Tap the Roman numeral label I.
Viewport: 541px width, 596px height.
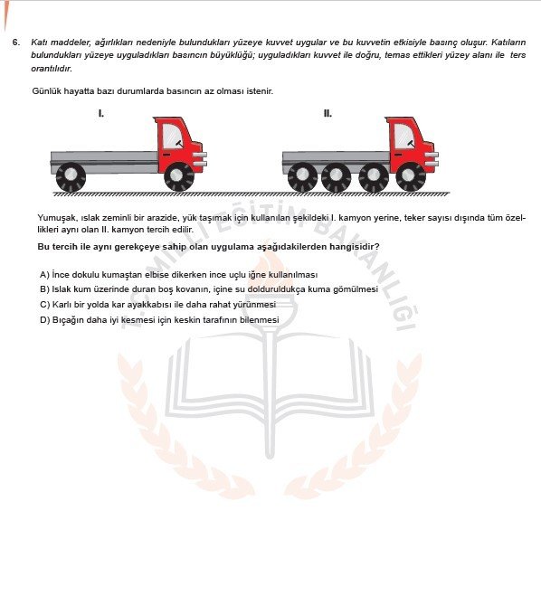(100, 114)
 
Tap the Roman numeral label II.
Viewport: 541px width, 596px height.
(327, 114)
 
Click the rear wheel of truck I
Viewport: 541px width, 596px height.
(71, 175)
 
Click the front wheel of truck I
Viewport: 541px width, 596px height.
(178, 175)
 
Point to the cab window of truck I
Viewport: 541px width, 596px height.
(174, 137)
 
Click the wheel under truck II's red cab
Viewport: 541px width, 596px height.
(411, 175)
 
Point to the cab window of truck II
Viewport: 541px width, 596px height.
(404, 137)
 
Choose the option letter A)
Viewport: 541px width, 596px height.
(44, 274)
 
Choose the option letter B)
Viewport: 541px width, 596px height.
(44, 289)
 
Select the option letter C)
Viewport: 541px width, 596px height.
(44, 305)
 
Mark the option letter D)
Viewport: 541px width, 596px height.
(44, 319)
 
